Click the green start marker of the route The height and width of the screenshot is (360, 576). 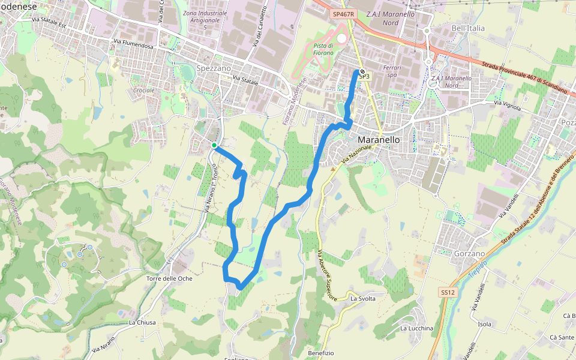pyautogui.click(x=214, y=145)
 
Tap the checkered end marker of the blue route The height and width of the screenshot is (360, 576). pyautogui.click(x=362, y=72)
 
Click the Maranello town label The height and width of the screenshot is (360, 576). pyautogui.click(x=378, y=140)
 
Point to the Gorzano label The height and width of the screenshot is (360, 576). pyautogui.click(x=469, y=254)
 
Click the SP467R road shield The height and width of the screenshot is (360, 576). pyautogui.click(x=344, y=13)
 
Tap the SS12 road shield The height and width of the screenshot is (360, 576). pyautogui.click(x=448, y=292)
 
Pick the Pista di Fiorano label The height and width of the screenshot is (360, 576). pyautogui.click(x=323, y=49)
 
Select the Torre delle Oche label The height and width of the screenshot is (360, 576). pyautogui.click(x=169, y=278)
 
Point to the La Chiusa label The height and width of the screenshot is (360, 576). pyautogui.click(x=142, y=322)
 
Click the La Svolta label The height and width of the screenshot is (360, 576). pyautogui.click(x=363, y=298)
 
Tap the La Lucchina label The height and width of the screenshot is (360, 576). pyautogui.click(x=416, y=328)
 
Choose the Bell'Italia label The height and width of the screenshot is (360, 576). pyautogui.click(x=468, y=28)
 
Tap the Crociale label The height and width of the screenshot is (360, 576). pyautogui.click(x=143, y=91)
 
